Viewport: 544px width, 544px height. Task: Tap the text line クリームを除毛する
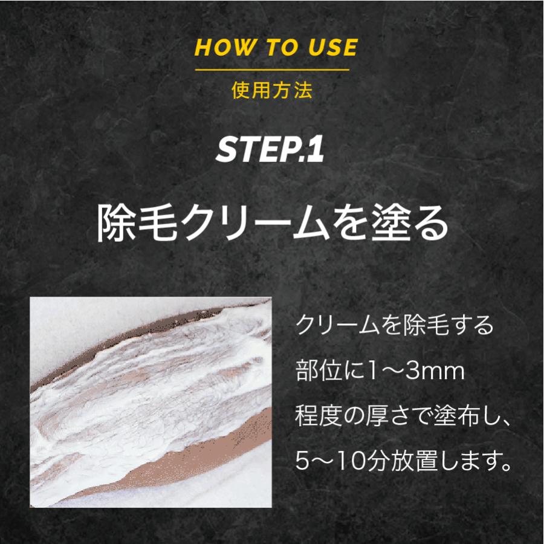(x=394, y=327)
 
